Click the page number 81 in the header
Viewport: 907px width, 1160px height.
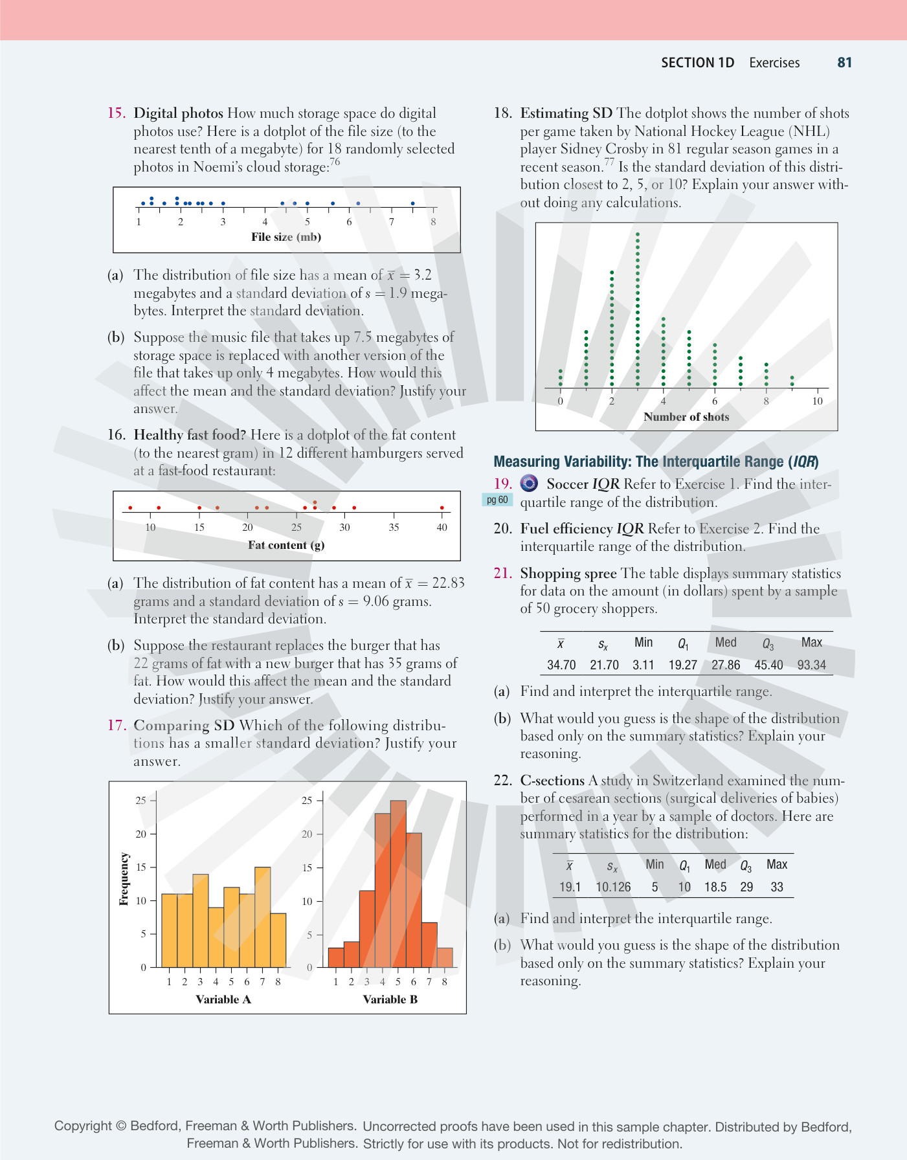tap(844, 63)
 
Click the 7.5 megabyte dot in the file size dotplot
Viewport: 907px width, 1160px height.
tap(412, 203)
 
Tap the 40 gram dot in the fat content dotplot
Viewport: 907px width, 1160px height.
tap(442, 507)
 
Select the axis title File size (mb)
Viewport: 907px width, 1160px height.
tap(286, 237)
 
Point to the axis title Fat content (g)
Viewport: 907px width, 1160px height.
tap(286, 545)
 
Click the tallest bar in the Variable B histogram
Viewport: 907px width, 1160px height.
tap(398, 884)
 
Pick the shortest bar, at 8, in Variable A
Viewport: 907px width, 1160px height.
tap(278, 940)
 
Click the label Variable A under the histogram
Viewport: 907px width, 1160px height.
tap(223, 999)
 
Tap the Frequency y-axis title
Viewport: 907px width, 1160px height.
tap(124, 878)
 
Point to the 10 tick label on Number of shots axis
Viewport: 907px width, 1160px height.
tap(817, 401)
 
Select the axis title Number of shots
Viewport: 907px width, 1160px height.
tap(686, 417)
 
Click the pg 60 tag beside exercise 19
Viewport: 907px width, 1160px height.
tap(497, 500)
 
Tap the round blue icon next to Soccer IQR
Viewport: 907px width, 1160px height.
tap(529, 484)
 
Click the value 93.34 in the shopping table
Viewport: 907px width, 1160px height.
tap(811, 665)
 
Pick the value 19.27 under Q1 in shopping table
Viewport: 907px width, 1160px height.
tap(683, 665)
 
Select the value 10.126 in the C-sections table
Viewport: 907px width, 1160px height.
tap(613, 887)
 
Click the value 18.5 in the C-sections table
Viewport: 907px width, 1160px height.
tap(715, 887)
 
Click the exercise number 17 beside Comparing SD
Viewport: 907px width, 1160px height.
tap(117, 725)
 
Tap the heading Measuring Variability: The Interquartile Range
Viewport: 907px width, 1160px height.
tap(656, 462)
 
